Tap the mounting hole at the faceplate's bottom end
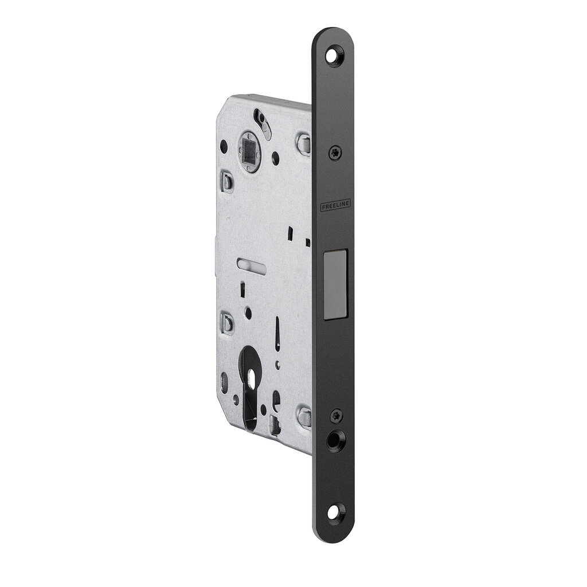tap(334, 507)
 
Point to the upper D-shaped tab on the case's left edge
tap(228, 182)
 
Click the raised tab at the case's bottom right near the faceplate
tap(304, 417)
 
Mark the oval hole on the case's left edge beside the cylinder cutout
tap(224, 379)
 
